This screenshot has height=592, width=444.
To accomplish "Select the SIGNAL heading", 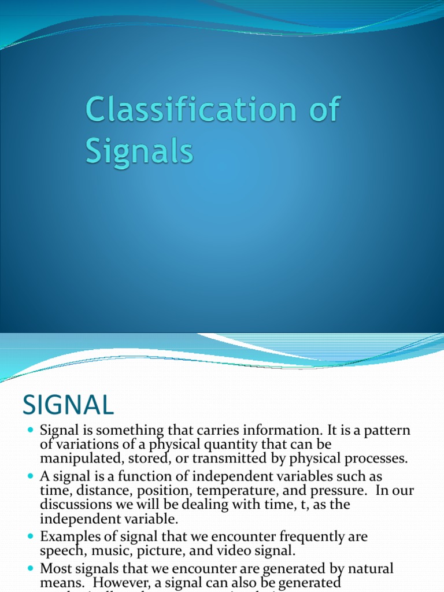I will click(x=68, y=405).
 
